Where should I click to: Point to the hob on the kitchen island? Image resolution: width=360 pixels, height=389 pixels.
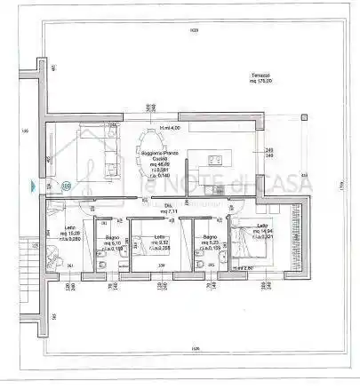coord(216,160)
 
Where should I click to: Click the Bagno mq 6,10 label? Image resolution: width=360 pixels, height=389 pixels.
coord(113,244)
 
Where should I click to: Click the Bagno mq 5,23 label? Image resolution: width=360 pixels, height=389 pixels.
coord(210,243)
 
